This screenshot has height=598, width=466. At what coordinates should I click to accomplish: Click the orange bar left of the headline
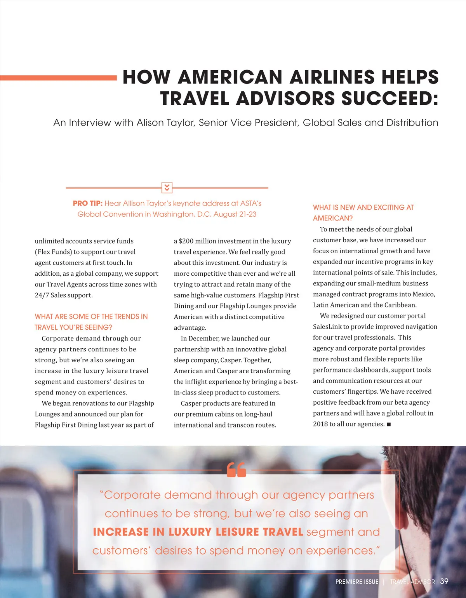click(x=58, y=78)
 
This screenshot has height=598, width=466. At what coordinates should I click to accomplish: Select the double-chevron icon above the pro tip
click(x=167, y=188)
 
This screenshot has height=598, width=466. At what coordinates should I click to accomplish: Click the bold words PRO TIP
click(x=87, y=203)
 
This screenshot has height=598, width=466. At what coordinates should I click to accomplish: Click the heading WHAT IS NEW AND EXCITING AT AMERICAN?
click(x=363, y=213)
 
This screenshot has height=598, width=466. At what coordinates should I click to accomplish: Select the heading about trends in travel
click(x=91, y=322)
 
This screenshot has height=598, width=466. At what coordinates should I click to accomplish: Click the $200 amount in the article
click(x=186, y=241)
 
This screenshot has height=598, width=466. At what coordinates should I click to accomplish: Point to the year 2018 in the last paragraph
click(x=320, y=424)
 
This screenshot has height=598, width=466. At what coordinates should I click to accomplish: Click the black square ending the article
click(x=389, y=424)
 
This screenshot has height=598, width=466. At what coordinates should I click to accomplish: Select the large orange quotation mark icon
click(x=236, y=470)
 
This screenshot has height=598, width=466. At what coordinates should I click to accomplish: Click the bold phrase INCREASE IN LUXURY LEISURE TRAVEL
click(x=198, y=532)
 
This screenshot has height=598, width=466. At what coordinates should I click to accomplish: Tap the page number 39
click(x=444, y=581)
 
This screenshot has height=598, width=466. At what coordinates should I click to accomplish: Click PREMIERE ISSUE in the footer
click(x=356, y=582)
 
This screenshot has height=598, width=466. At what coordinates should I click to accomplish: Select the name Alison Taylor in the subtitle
click(x=166, y=123)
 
